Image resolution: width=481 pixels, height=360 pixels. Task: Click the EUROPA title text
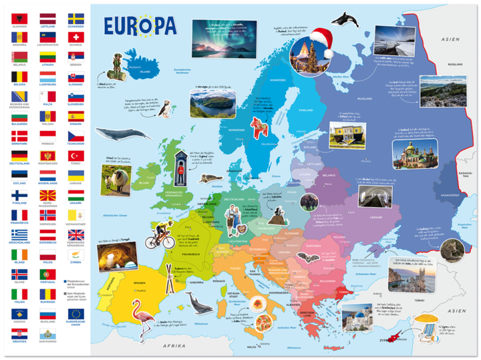(x=140, y=25)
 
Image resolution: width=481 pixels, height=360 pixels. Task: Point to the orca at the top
(x=345, y=19)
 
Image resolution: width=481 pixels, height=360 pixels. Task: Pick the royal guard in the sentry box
(x=179, y=171)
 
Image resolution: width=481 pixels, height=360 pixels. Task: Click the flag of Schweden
(x=75, y=17)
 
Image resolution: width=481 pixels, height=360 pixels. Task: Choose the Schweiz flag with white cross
(x=75, y=37)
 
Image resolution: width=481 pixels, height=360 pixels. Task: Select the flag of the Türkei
(x=75, y=156)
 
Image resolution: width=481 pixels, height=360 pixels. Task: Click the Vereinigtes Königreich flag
(x=75, y=234)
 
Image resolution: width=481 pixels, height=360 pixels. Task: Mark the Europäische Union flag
(x=75, y=313)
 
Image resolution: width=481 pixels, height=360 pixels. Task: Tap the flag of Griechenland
(x=19, y=234)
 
